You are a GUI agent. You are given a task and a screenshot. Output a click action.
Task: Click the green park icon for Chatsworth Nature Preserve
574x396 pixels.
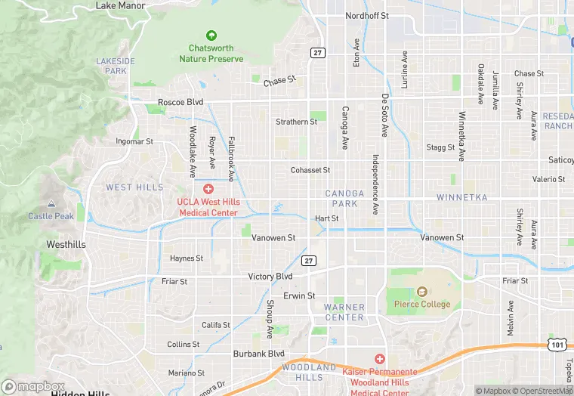click(x=211, y=36)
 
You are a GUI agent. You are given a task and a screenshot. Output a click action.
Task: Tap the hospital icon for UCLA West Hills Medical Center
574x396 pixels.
click(x=208, y=188)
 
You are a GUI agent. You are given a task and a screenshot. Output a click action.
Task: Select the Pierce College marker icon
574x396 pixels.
click(x=421, y=292)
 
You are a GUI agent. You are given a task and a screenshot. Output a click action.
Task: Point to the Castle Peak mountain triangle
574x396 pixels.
click(x=51, y=204)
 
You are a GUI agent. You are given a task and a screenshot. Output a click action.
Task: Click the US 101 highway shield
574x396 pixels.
click(x=555, y=343)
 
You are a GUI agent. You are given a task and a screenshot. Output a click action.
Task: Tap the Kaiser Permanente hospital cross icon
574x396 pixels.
click(x=380, y=358)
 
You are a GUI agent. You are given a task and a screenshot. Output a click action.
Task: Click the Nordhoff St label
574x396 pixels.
click(x=366, y=15)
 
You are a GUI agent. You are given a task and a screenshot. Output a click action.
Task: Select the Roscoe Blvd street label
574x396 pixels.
click(x=181, y=102)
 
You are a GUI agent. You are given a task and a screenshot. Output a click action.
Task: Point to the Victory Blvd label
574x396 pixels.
click(x=270, y=277)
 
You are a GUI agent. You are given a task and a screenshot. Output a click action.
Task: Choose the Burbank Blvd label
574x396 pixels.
click(x=258, y=353)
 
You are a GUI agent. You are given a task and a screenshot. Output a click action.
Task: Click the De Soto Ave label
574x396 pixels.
click(x=384, y=116)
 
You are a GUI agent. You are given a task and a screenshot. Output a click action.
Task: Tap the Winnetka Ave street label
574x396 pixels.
click(x=461, y=137)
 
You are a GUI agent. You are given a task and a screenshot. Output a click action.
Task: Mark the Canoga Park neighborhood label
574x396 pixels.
click(x=344, y=198)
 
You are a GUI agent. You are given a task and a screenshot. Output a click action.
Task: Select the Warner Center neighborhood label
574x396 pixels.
click(x=344, y=312)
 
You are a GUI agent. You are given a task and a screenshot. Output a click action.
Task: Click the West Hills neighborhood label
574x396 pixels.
click(x=134, y=187)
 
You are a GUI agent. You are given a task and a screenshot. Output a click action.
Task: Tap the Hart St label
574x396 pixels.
click(x=327, y=218)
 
